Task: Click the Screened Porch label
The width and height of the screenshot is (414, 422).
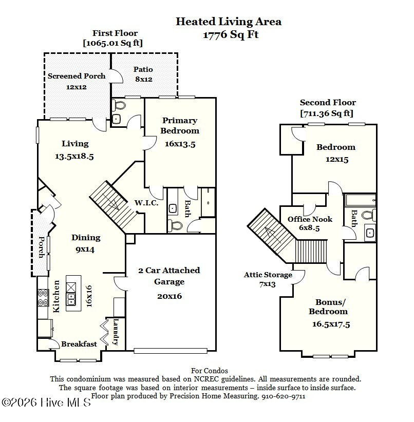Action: (x=77, y=76)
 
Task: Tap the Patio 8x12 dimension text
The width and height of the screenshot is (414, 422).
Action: (x=144, y=80)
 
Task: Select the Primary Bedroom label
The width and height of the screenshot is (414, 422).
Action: (x=180, y=125)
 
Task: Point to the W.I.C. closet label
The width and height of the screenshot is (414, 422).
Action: (x=146, y=203)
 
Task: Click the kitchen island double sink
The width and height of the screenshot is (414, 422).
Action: (x=71, y=299)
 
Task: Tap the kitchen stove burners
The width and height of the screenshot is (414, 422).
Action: (x=43, y=297)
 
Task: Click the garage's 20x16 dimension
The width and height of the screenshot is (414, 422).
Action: (x=170, y=296)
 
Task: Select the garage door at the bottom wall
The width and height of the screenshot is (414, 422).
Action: (x=171, y=351)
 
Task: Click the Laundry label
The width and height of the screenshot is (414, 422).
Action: (x=116, y=332)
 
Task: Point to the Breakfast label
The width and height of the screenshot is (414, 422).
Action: (x=79, y=344)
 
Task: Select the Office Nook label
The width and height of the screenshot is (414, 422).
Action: (x=310, y=219)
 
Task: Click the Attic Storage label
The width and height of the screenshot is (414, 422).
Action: (x=268, y=275)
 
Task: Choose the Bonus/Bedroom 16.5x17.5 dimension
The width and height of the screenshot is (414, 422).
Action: (x=331, y=324)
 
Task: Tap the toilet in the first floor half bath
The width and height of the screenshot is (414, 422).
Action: (x=119, y=105)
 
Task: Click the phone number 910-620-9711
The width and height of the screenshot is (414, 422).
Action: (x=284, y=396)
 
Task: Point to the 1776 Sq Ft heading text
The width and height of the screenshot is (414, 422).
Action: (x=231, y=35)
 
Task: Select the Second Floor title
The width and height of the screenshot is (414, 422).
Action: (x=328, y=103)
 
